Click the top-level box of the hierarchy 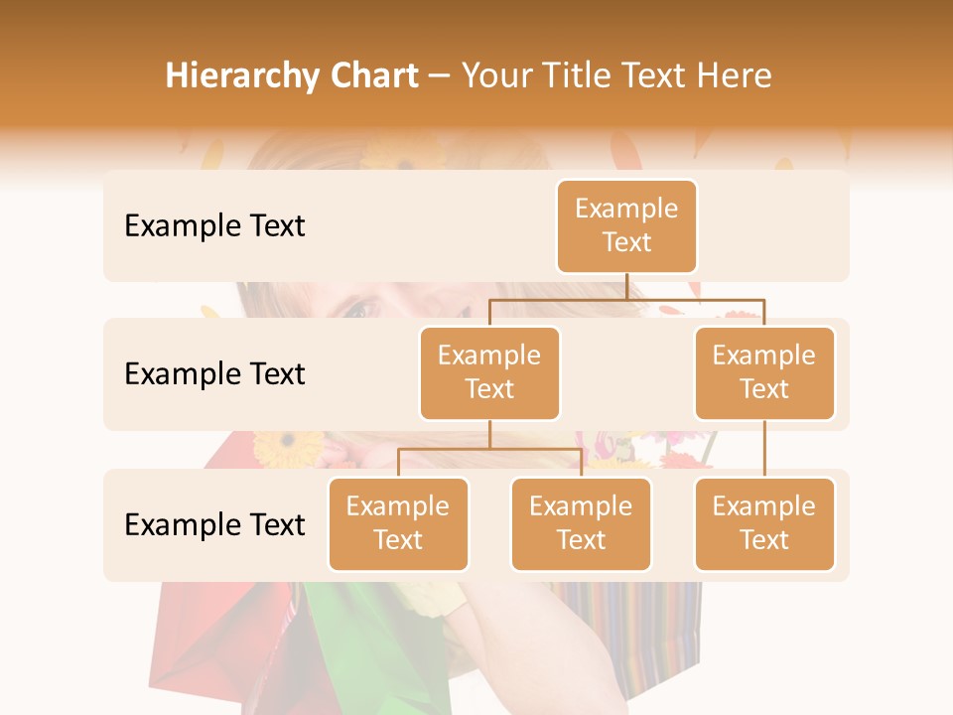coord(626,226)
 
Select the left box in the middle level coord(489,372)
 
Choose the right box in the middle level coord(764,372)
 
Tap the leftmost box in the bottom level coord(398,523)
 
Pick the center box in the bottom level coord(581,523)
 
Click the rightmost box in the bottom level coord(764,523)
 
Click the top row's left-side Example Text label coord(214,226)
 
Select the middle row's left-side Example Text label coord(214,374)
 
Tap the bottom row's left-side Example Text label coord(214,524)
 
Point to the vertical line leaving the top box coord(626,286)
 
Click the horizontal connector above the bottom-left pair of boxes coord(489,449)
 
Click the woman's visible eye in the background coord(359,309)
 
